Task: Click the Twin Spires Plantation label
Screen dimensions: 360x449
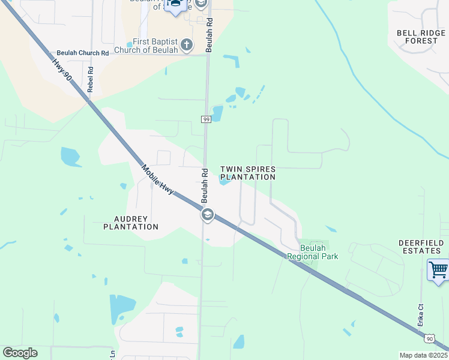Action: pyautogui.click(x=247, y=173)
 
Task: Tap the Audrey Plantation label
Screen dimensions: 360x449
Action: pyautogui.click(x=131, y=223)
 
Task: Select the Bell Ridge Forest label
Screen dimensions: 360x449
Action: pyautogui.click(x=417, y=37)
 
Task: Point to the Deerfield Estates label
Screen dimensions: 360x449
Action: pyautogui.click(x=421, y=247)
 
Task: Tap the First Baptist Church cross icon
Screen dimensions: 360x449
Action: pyautogui.click(x=187, y=44)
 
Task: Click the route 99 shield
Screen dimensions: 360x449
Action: pyautogui.click(x=206, y=119)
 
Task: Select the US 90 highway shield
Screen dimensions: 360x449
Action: pyautogui.click(x=429, y=339)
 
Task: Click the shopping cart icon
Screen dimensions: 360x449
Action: pyautogui.click(x=439, y=270)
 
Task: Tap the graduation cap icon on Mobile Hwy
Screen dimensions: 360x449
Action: pyautogui.click(x=208, y=215)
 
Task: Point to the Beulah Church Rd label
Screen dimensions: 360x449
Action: pyautogui.click(x=83, y=53)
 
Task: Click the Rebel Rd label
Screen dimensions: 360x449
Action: pyautogui.click(x=91, y=78)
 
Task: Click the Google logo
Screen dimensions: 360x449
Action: pyautogui.click(x=20, y=353)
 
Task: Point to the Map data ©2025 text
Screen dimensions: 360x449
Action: pyautogui.click(x=423, y=355)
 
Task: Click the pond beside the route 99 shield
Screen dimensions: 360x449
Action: pyautogui.click(x=217, y=113)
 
